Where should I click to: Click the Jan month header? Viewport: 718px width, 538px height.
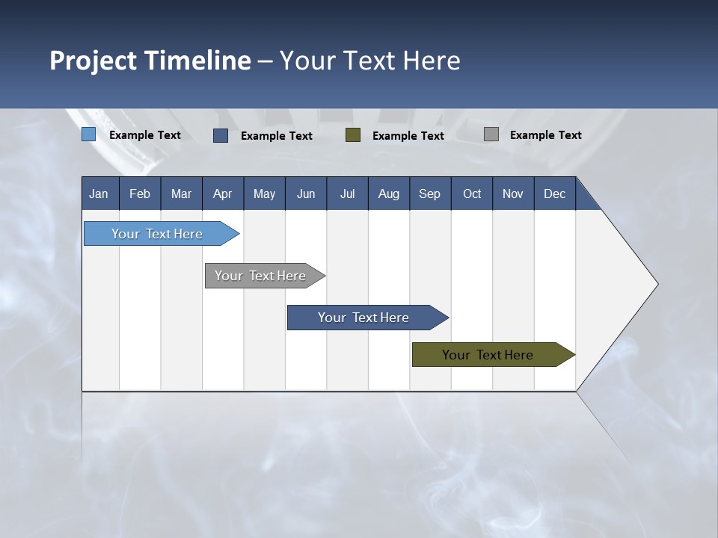[99, 194]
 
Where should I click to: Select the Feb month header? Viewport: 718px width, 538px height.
[140, 194]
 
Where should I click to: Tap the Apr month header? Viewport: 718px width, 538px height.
[223, 194]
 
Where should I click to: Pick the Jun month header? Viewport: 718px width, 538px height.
[306, 194]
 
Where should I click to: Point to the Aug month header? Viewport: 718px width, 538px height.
[389, 194]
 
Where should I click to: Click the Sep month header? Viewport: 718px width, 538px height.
[430, 194]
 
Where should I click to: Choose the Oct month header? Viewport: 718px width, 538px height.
[472, 194]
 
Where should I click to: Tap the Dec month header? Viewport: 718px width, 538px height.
[555, 194]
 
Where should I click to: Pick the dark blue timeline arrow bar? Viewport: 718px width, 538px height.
[364, 318]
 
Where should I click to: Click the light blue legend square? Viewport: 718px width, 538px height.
[88, 134]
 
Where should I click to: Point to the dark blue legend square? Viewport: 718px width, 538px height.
[221, 135]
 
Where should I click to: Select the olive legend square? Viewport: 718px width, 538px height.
[353, 135]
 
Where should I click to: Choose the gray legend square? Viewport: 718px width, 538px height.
[491, 134]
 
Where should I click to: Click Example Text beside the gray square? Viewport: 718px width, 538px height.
[546, 134]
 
